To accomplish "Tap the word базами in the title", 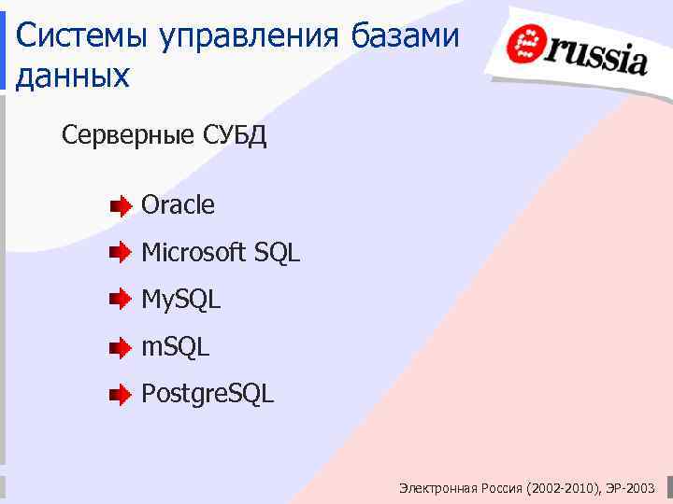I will (x=406, y=36).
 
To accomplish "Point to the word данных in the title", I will (x=73, y=77).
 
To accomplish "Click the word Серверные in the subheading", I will (x=128, y=136).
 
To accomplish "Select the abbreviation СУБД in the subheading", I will (x=234, y=136).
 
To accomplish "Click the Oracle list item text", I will (x=178, y=205).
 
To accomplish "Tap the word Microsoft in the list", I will (x=193, y=252).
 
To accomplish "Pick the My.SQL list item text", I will (x=180, y=300).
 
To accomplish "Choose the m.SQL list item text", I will (x=175, y=347).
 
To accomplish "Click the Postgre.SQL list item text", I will (x=208, y=395).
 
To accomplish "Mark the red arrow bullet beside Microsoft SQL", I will (x=121, y=253).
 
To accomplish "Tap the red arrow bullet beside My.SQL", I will (x=121, y=301).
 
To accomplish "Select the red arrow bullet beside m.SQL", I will (x=121, y=348).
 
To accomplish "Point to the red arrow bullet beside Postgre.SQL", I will (x=121, y=396).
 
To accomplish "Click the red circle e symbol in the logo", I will (x=525, y=45).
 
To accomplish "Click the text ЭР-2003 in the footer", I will (x=630, y=488).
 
